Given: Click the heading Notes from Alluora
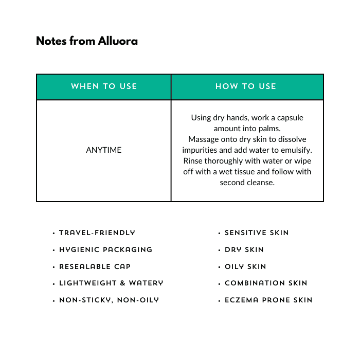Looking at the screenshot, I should pos(87,41).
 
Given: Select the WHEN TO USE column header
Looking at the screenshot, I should pos(104,86).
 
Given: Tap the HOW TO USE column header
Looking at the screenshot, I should pos(246,86).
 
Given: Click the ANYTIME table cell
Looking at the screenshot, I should pos(104,150).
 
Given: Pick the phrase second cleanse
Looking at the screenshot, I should pos(247,183).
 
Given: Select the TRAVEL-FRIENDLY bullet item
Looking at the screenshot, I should pos(97,233).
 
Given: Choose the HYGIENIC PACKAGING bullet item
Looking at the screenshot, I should pos(105,250).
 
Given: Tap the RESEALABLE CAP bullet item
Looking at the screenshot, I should pos(95,266).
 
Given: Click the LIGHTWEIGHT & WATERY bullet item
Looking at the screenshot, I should pos(111,283).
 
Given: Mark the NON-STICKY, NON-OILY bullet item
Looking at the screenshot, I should pos(109,300).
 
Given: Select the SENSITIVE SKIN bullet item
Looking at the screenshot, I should pos(257,233).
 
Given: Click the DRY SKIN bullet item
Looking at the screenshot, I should pos(244,250).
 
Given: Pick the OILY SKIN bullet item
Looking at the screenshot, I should pos(245,266).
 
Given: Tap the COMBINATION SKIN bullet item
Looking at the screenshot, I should pos(266,283).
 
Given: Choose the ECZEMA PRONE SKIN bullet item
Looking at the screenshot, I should pos(268,300).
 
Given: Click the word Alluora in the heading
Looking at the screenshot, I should pos(118,41).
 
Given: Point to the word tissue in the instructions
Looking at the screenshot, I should pos(244,172).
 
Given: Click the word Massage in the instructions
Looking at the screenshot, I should pos(203,139).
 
